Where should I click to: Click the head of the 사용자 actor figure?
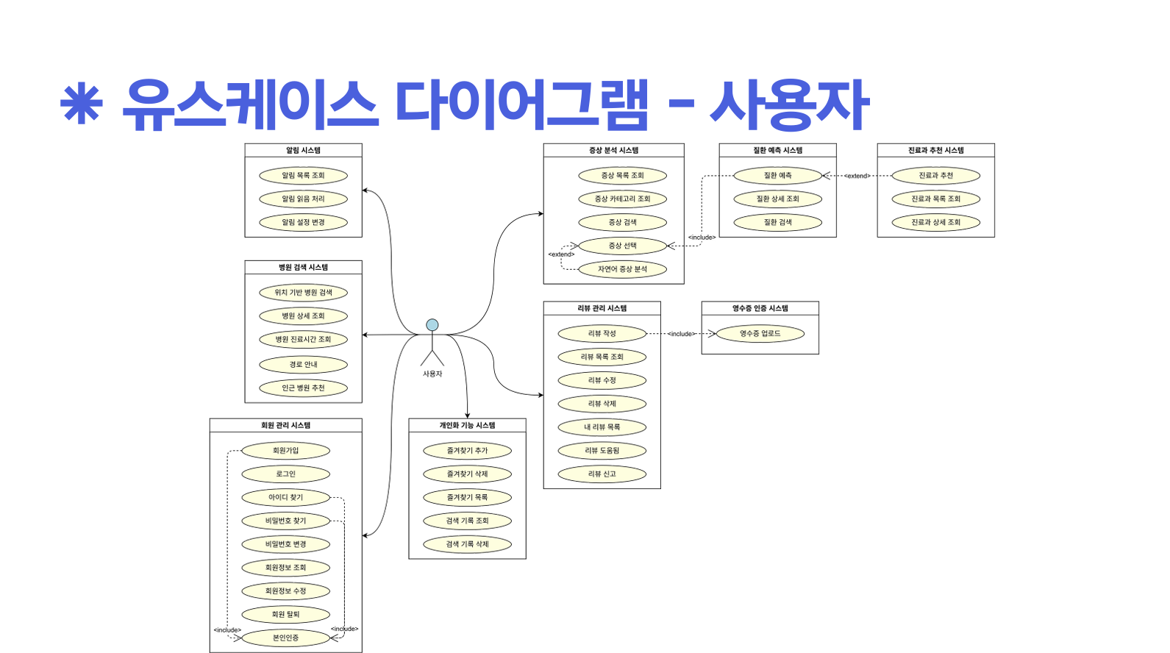(432, 325)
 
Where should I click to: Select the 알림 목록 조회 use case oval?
(303, 176)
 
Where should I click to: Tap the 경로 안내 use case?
(303, 365)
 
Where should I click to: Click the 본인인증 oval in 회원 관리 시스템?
(285, 638)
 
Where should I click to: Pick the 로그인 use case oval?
(285, 474)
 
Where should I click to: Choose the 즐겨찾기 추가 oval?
(467, 451)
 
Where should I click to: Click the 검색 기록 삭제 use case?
(467, 544)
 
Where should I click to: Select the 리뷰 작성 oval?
(602, 334)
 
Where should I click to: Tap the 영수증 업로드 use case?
(760, 334)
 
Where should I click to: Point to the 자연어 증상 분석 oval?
(622, 269)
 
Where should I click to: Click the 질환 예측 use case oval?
(777, 176)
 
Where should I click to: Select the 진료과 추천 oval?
(935, 176)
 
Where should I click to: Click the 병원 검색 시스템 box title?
(303, 268)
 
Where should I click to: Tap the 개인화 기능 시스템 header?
(467, 425)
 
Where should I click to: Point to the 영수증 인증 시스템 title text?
(760, 308)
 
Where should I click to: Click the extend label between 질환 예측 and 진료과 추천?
(857, 176)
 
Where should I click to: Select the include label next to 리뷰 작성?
(681, 334)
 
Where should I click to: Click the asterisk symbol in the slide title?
(81, 105)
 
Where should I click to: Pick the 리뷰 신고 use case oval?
(602, 474)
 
